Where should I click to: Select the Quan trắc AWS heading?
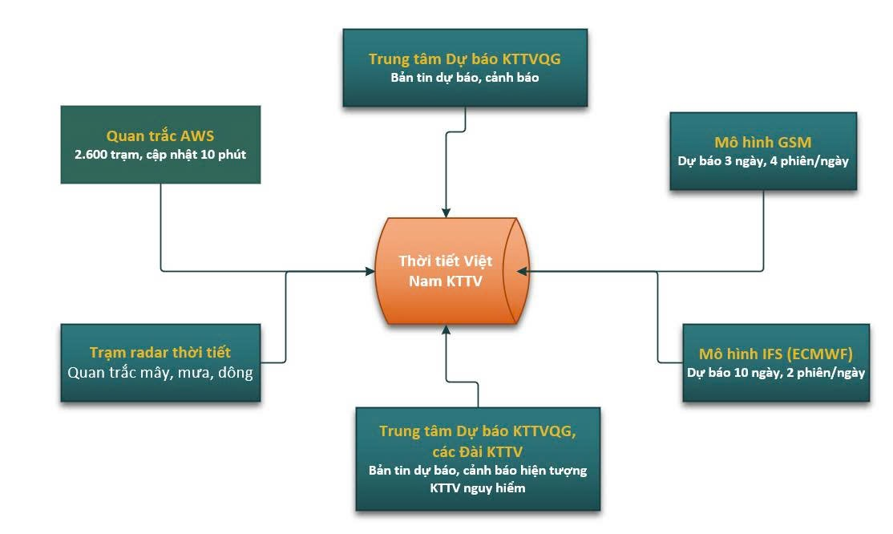[160, 136]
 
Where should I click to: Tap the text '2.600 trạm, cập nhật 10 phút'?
[160, 155]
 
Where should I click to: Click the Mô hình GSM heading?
[762, 142]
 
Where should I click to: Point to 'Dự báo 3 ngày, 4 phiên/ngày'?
[762, 160]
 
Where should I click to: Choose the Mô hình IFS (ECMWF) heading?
[775, 354]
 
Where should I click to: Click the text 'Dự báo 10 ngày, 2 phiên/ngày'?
[775, 372]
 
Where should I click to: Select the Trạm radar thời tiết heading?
[160, 353]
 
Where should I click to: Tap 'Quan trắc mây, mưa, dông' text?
[160, 373]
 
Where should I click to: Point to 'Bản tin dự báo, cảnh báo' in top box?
[465, 78]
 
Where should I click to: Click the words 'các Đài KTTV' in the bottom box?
[478, 450]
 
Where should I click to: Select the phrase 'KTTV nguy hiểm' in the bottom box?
[478, 487]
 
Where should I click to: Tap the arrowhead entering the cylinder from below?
[446, 330]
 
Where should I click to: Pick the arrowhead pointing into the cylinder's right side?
[522, 272]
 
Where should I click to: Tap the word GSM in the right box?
[794, 142]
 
